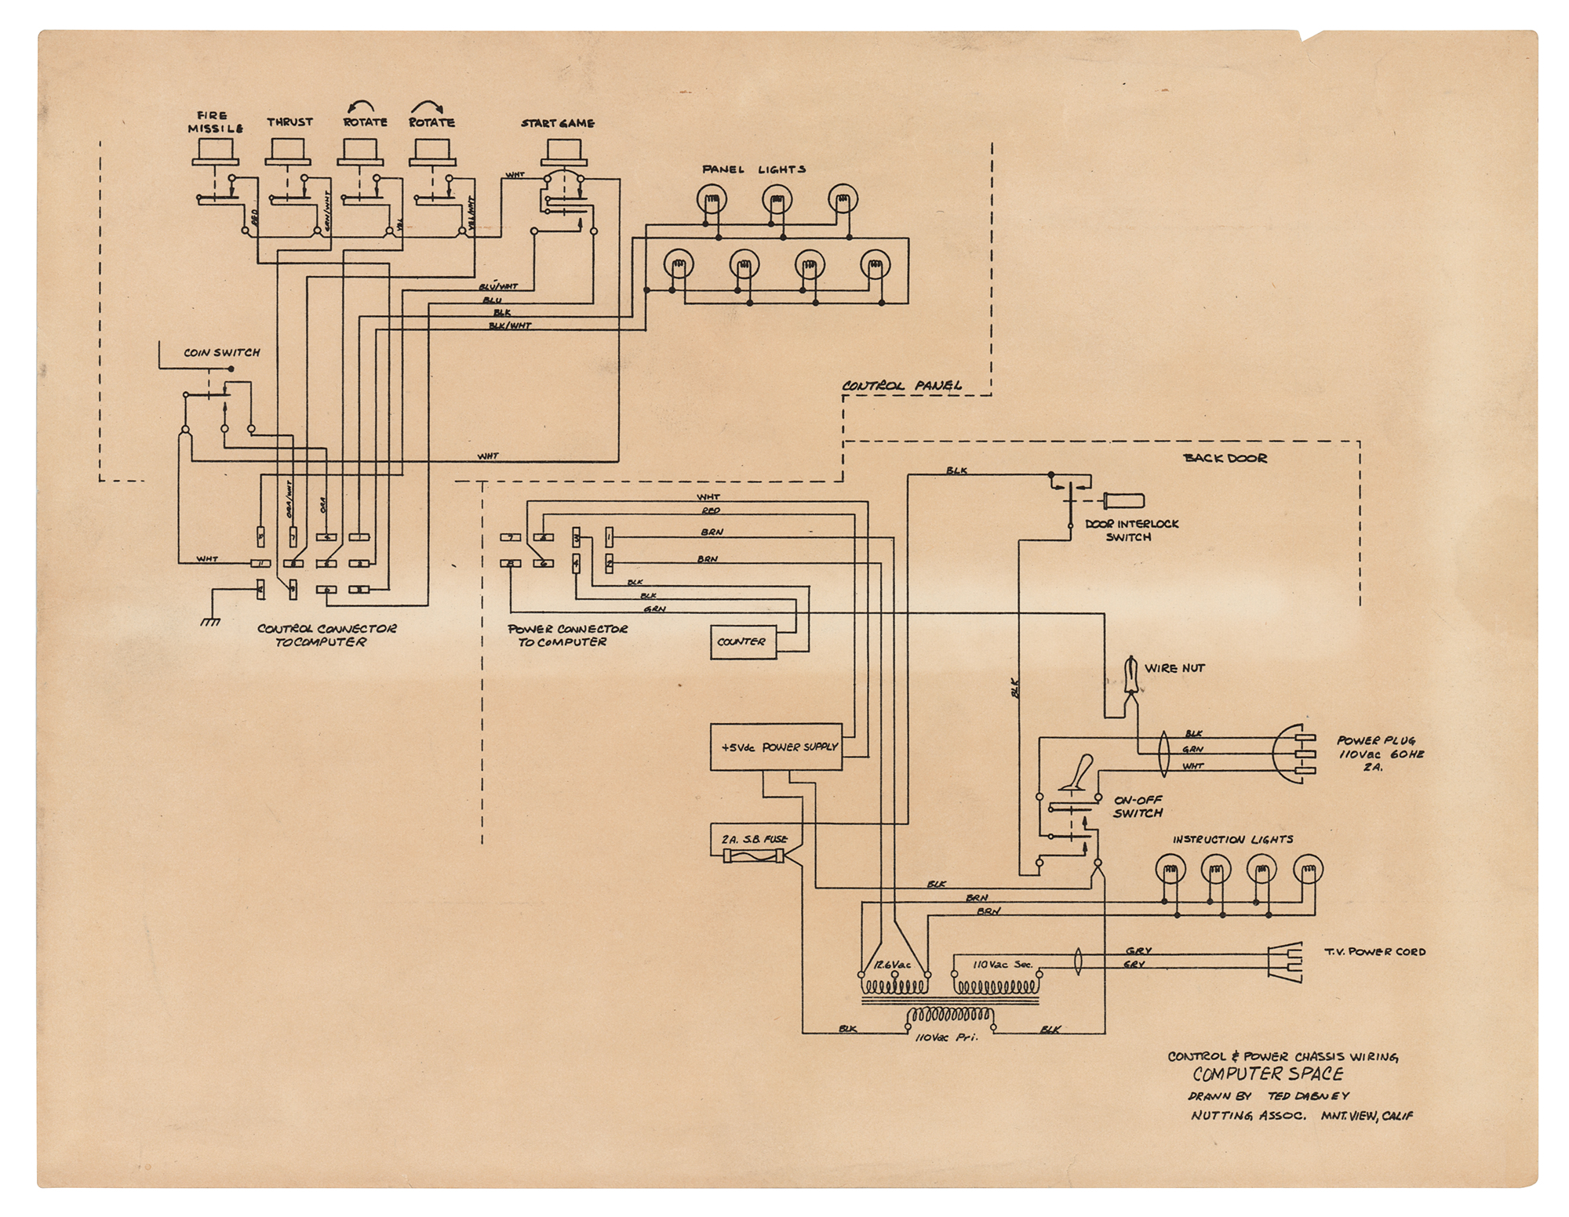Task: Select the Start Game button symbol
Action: [562, 153]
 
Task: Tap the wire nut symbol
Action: [1131, 675]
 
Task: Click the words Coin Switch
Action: [222, 353]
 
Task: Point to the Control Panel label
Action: [902, 386]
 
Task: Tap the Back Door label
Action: [1225, 458]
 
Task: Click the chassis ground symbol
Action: [210, 621]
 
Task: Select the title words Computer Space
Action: [1268, 1074]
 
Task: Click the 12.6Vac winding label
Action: [893, 965]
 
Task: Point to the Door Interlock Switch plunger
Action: [1123, 500]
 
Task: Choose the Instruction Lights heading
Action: [1232, 839]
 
